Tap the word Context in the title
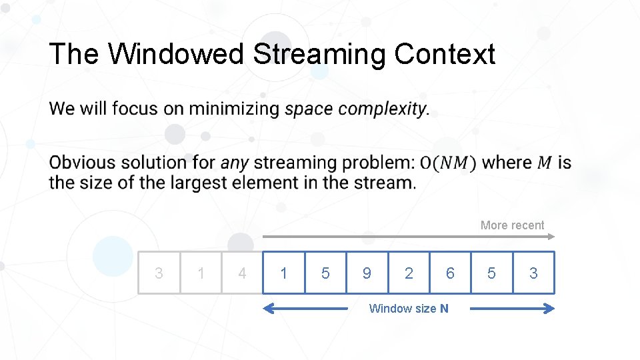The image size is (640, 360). (444, 54)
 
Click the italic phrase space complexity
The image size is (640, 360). (355, 109)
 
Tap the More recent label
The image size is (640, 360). (512, 225)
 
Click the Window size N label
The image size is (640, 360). (409, 308)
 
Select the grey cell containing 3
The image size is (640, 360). (159, 273)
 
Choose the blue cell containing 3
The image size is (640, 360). (533, 273)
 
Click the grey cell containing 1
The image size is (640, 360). (201, 273)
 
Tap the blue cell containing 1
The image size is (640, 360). (284, 273)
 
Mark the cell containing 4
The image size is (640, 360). (242, 273)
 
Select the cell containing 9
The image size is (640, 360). (367, 273)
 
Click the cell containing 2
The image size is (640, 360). (409, 273)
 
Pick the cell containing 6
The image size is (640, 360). (450, 273)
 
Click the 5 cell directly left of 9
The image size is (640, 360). (325, 273)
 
